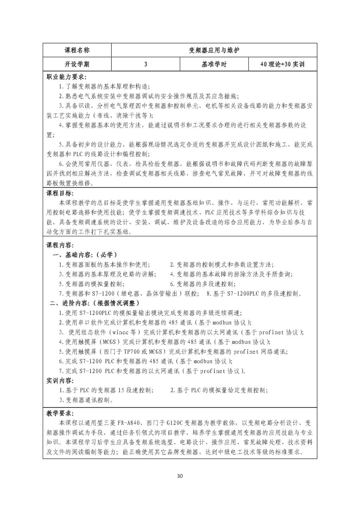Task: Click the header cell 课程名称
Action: tap(77, 50)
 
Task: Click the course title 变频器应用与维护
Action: tap(214, 50)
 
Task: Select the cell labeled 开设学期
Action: tap(77, 64)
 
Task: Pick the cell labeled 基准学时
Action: tap(214, 64)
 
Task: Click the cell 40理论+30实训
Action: tap(282, 64)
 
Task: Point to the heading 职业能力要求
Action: tap(66, 77)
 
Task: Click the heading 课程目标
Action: tap(60, 194)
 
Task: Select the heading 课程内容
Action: tap(60, 245)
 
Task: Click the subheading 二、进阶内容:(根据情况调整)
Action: tap(94, 303)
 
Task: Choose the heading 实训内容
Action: tap(60, 381)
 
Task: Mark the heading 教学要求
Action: tap(60, 413)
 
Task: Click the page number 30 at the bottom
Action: tap(180, 476)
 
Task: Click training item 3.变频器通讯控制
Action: tap(86, 400)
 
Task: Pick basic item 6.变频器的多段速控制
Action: tap(202, 284)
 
